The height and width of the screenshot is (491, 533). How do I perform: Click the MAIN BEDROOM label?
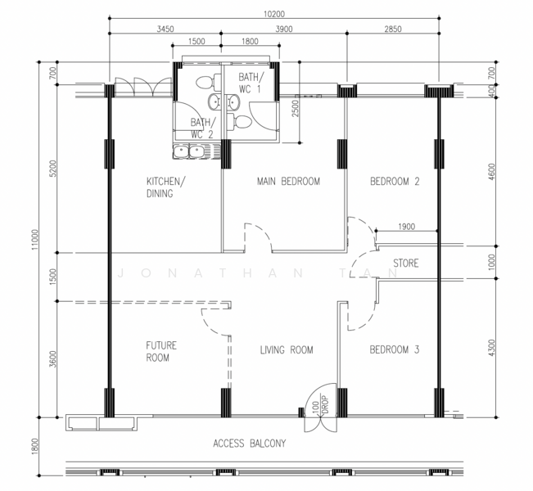[x=288, y=182]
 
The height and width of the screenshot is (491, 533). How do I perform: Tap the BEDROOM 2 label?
[x=395, y=182]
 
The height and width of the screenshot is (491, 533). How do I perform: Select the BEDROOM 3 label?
[x=395, y=349]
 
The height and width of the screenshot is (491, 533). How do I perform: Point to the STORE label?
[x=406, y=264]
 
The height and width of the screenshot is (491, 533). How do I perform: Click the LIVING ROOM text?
[x=287, y=350]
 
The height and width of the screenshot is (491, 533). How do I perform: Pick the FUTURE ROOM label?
[x=161, y=352]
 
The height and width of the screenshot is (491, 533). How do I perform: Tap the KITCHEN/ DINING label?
[x=166, y=187]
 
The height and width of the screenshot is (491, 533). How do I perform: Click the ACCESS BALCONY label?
[x=250, y=444]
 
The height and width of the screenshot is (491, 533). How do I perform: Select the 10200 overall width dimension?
[x=274, y=14]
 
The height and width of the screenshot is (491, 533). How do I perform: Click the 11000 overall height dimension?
[x=35, y=240]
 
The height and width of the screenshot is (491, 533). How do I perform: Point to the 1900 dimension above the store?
[x=407, y=227]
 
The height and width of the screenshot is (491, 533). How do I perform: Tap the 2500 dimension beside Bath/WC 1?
[x=296, y=109]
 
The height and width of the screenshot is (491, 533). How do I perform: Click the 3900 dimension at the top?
[x=284, y=29]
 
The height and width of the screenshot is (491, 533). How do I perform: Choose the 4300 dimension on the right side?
[x=492, y=348]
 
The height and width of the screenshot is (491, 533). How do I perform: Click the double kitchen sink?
[x=190, y=151]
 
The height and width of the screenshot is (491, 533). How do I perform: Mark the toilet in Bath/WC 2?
[x=205, y=82]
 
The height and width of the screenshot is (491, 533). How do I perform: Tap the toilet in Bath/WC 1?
[x=240, y=122]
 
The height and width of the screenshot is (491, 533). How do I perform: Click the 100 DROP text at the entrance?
[x=320, y=404]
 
